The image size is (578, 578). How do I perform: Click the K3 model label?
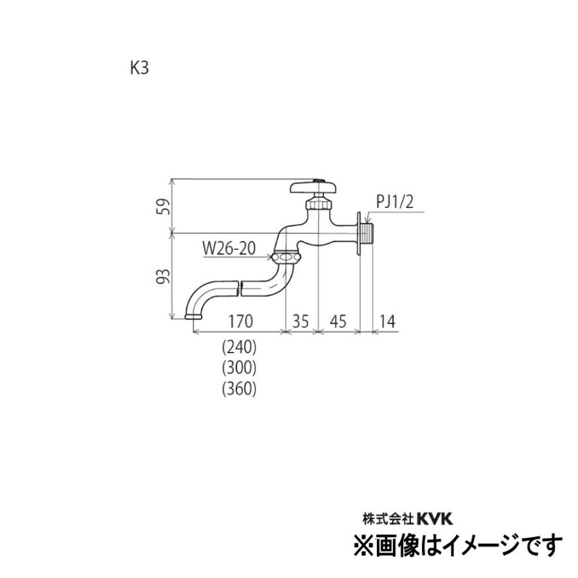pyautogui.click(x=139, y=68)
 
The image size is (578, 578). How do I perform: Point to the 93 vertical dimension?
pyautogui.click(x=164, y=276)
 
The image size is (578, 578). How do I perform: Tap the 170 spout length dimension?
pyautogui.click(x=241, y=320)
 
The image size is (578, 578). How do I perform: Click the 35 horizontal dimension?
pyautogui.click(x=301, y=320)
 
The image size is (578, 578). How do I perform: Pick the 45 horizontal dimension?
pyautogui.click(x=338, y=320)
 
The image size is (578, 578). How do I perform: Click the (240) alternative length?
pyautogui.click(x=239, y=347)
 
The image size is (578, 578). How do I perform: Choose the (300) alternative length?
pyautogui.click(x=239, y=368)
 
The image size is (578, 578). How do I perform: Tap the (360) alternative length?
pyautogui.click(x=239, y=389)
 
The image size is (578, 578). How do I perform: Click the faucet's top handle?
pyautogui.click(x=314, y=188)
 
